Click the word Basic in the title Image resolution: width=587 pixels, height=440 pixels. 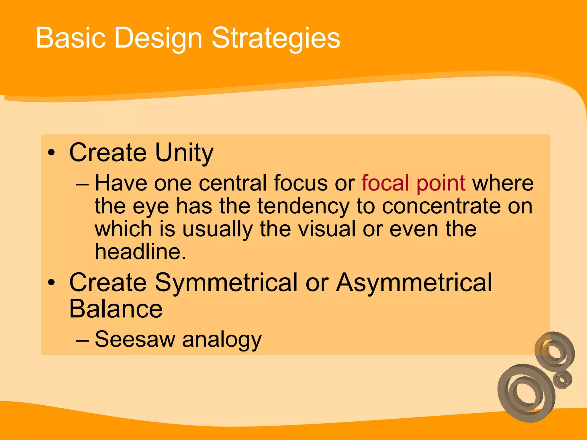71,38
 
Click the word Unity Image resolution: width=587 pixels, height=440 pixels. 184,153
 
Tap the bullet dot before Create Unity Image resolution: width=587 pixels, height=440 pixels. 51,152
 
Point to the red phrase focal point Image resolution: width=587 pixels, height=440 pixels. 413,183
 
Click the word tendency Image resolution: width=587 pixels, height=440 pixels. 304,206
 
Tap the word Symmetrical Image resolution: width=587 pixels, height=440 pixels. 226,283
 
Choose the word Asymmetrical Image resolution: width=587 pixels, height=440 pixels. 414,283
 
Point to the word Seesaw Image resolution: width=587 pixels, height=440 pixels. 135,339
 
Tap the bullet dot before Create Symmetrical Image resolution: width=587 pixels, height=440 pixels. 51,283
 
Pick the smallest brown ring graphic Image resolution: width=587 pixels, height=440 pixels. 562,380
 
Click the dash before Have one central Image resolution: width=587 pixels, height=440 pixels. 83,184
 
